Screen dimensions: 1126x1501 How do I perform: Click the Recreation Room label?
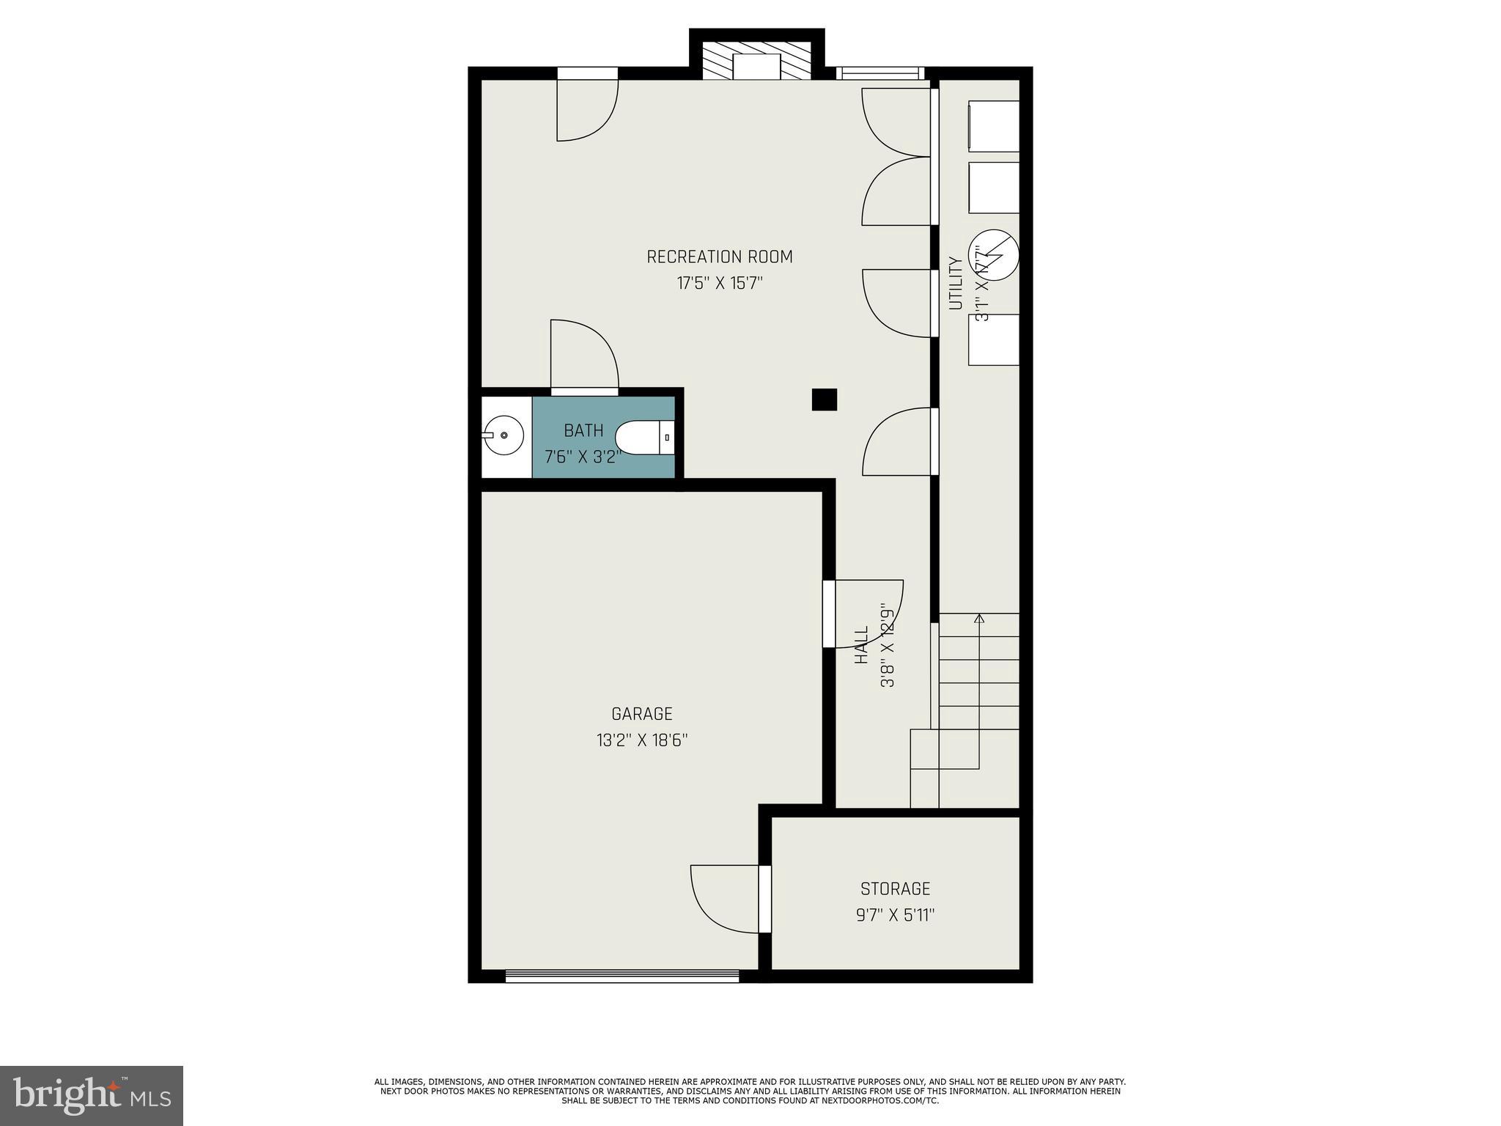click(x=719, y=257)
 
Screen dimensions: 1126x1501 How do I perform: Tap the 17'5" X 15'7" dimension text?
click(x=719, y=283)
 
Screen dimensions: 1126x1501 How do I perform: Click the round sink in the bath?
click(x=504, y=435)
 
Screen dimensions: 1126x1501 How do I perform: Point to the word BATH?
click(x=583, y=430)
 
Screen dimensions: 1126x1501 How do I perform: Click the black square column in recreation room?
click(x=824, y=400)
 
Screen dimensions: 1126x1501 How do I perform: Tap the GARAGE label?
click(x=641, y=713)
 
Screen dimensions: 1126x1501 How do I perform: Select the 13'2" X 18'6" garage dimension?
click(x=641, y=740)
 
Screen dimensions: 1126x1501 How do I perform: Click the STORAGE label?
click(x=895, y=888)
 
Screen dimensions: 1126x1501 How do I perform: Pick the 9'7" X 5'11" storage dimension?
click(x=895, y=915)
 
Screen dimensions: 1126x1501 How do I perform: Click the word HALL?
click(x=862, y=644)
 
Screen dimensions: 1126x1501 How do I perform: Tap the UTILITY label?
click(x=955, y=283)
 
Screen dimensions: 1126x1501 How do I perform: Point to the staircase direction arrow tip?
click(x=979, y=618)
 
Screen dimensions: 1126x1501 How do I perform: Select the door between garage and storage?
click(x=764, y=899)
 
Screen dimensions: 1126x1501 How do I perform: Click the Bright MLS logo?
click(x=91, y=1095)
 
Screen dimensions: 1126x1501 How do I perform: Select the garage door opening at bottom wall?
click(x=622, y=976)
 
